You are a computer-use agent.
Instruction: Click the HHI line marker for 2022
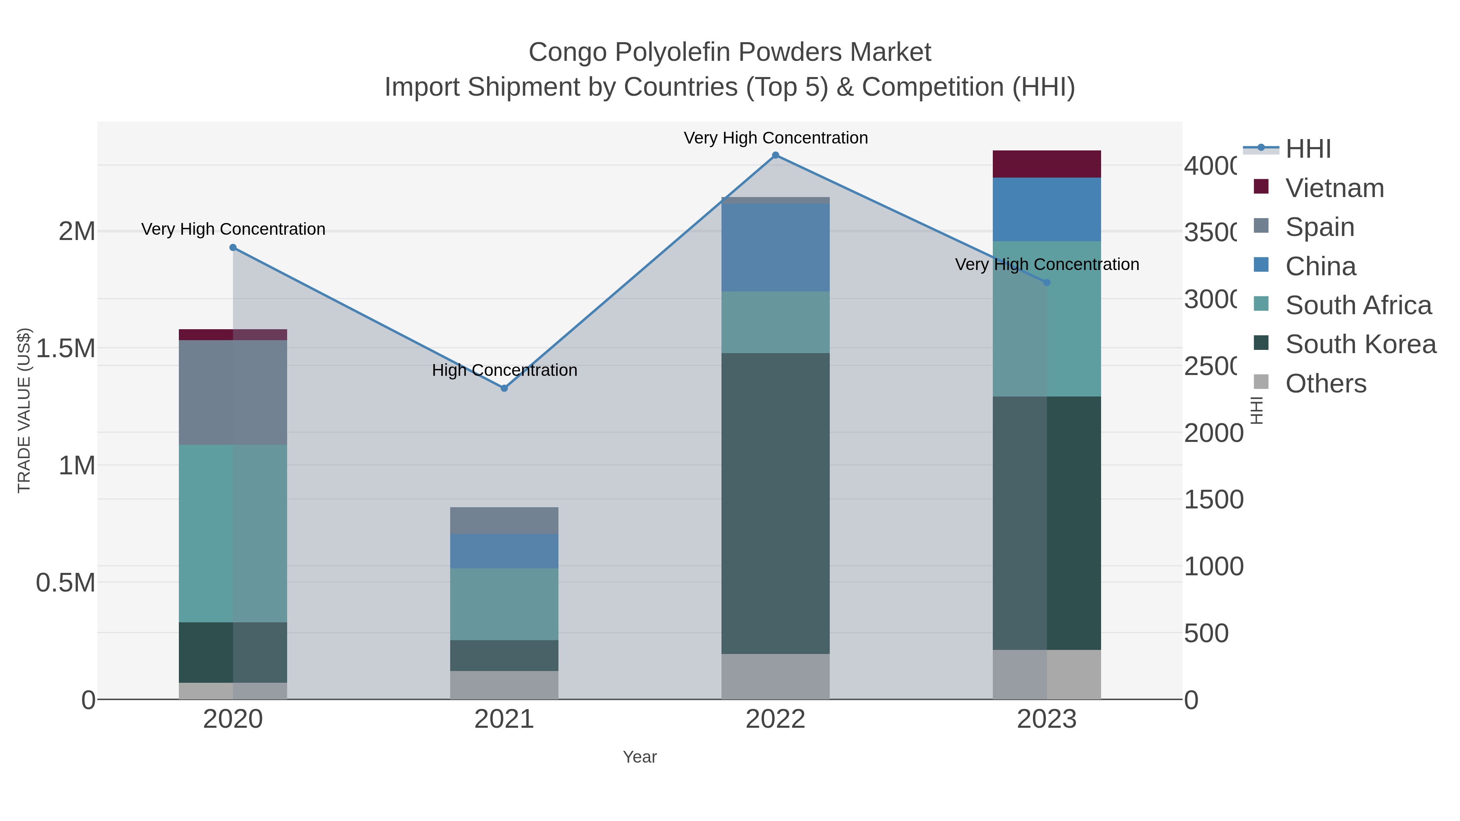click(775, 155)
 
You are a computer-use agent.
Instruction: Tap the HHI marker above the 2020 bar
click(233, 248)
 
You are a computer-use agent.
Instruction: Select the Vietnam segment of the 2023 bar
click(1046, 164)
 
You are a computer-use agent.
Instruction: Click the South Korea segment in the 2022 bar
click(775, 503)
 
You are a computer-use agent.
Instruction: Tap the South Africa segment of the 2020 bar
click(233, 533)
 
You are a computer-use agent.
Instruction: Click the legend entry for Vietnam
click(1334, 188)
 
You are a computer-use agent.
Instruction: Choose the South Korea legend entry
click(1360, 344)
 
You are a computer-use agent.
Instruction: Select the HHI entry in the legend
click(1308, 149)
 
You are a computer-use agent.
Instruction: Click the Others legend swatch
click(1260, 382)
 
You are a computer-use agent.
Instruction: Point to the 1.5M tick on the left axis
click(66, 348)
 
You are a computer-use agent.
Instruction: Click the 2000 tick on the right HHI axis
click(1213, 433)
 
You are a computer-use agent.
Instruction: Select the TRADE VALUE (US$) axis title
click(24, 410)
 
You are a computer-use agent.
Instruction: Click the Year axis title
click(639, 757)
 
